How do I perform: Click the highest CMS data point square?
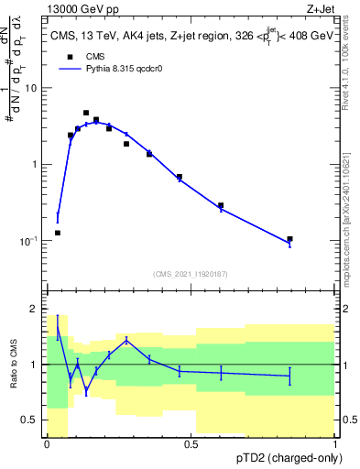(86, 113)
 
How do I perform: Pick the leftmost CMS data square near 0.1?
(58, 233)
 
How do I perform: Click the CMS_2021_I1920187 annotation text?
(191, 274)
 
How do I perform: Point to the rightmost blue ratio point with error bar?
(289, 376)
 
